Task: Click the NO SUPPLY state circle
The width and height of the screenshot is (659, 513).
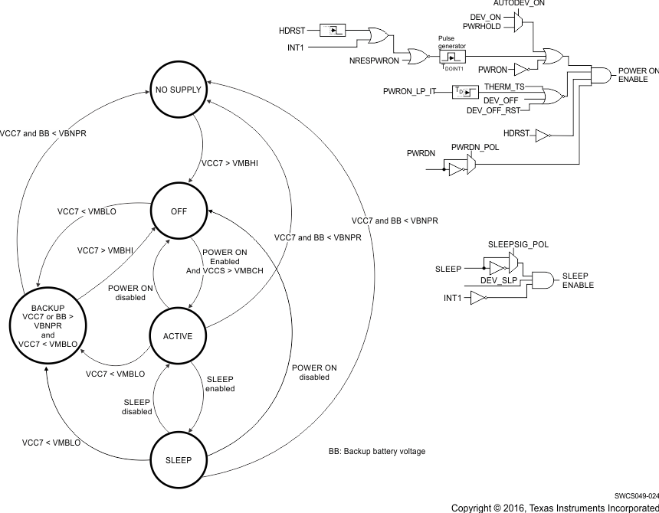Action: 179,90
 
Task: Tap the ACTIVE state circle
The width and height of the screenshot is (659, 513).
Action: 179,336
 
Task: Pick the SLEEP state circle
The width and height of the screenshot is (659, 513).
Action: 179,460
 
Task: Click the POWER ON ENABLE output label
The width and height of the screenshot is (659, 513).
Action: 638,75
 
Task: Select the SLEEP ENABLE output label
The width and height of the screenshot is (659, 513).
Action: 578,280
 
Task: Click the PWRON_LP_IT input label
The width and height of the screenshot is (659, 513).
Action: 409,92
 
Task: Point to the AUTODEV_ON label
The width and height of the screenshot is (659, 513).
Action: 519,5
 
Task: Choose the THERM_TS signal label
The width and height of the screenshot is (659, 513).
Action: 503,87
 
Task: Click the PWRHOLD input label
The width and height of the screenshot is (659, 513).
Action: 486,26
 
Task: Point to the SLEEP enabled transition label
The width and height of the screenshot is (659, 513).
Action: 219,384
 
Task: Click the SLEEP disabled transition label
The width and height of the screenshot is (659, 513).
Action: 137,407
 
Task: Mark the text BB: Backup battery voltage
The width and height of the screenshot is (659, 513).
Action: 376,452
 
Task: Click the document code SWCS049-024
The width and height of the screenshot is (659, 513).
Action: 636,496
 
